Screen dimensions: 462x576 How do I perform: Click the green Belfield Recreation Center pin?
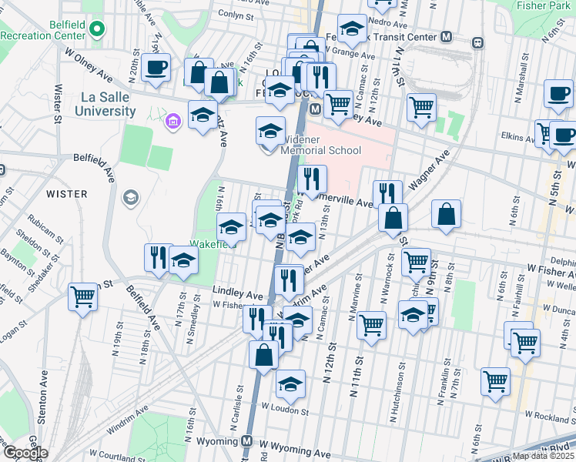coord(96,30)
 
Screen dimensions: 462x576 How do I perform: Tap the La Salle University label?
coord(105,104)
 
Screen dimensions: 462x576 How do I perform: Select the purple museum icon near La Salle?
coord(172,120)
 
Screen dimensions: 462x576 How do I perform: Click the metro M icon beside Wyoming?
coord(247,442)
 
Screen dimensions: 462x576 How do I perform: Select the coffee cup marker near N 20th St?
coord(156,67)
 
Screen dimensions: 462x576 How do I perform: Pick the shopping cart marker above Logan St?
coord(82,296)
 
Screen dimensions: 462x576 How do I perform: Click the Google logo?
coord(26,453)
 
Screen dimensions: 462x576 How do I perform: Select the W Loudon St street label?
coord(285,411)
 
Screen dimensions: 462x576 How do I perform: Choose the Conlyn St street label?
coord(235,15)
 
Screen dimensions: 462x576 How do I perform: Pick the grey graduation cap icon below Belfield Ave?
coord(130,199)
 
